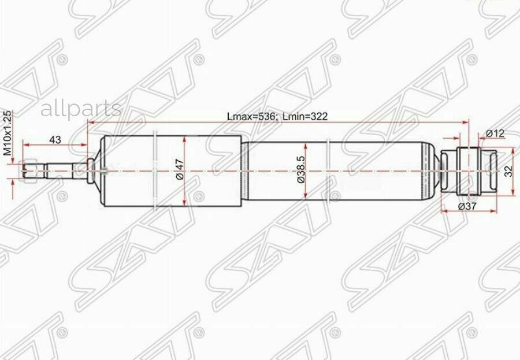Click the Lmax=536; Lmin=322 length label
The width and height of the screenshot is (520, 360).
click(x=277, y=116)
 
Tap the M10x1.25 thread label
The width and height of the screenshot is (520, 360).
click(x=8, y=133)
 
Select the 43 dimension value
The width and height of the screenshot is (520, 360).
click(x=56, y=139)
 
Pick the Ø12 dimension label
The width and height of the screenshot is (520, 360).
click(x=495, y=133)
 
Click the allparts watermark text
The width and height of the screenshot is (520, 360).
click(x=80, y=109)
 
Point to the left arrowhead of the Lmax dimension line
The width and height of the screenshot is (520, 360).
click(x=91, y=123)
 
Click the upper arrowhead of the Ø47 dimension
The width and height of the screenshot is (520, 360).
click(x=184, y=139)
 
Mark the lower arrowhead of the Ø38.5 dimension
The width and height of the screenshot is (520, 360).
click(x=306, y=200)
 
